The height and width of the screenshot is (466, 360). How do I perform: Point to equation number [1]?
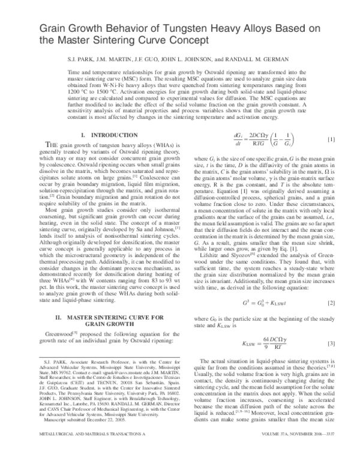pyautogui.click(x=331, y=141)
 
